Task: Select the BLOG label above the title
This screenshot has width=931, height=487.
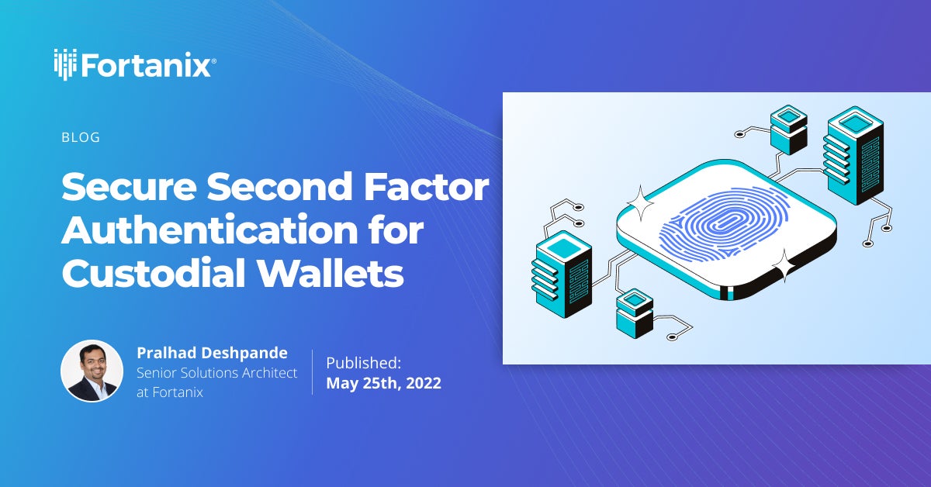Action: tap(81, 138)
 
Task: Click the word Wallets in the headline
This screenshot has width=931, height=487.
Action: tap(341, 273)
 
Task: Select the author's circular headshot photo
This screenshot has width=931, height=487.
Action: tap(92, 371)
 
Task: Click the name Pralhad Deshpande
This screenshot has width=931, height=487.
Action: tap(212, 353)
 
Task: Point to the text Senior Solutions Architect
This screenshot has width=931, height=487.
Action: tap(216, 373)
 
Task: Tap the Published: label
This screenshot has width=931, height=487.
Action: tap(363, 362)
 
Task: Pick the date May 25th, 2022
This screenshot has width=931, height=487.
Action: tap(383, 383)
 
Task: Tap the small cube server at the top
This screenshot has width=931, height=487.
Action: tap(788, 128)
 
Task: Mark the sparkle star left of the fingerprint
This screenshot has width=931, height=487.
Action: tap(641, 205)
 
